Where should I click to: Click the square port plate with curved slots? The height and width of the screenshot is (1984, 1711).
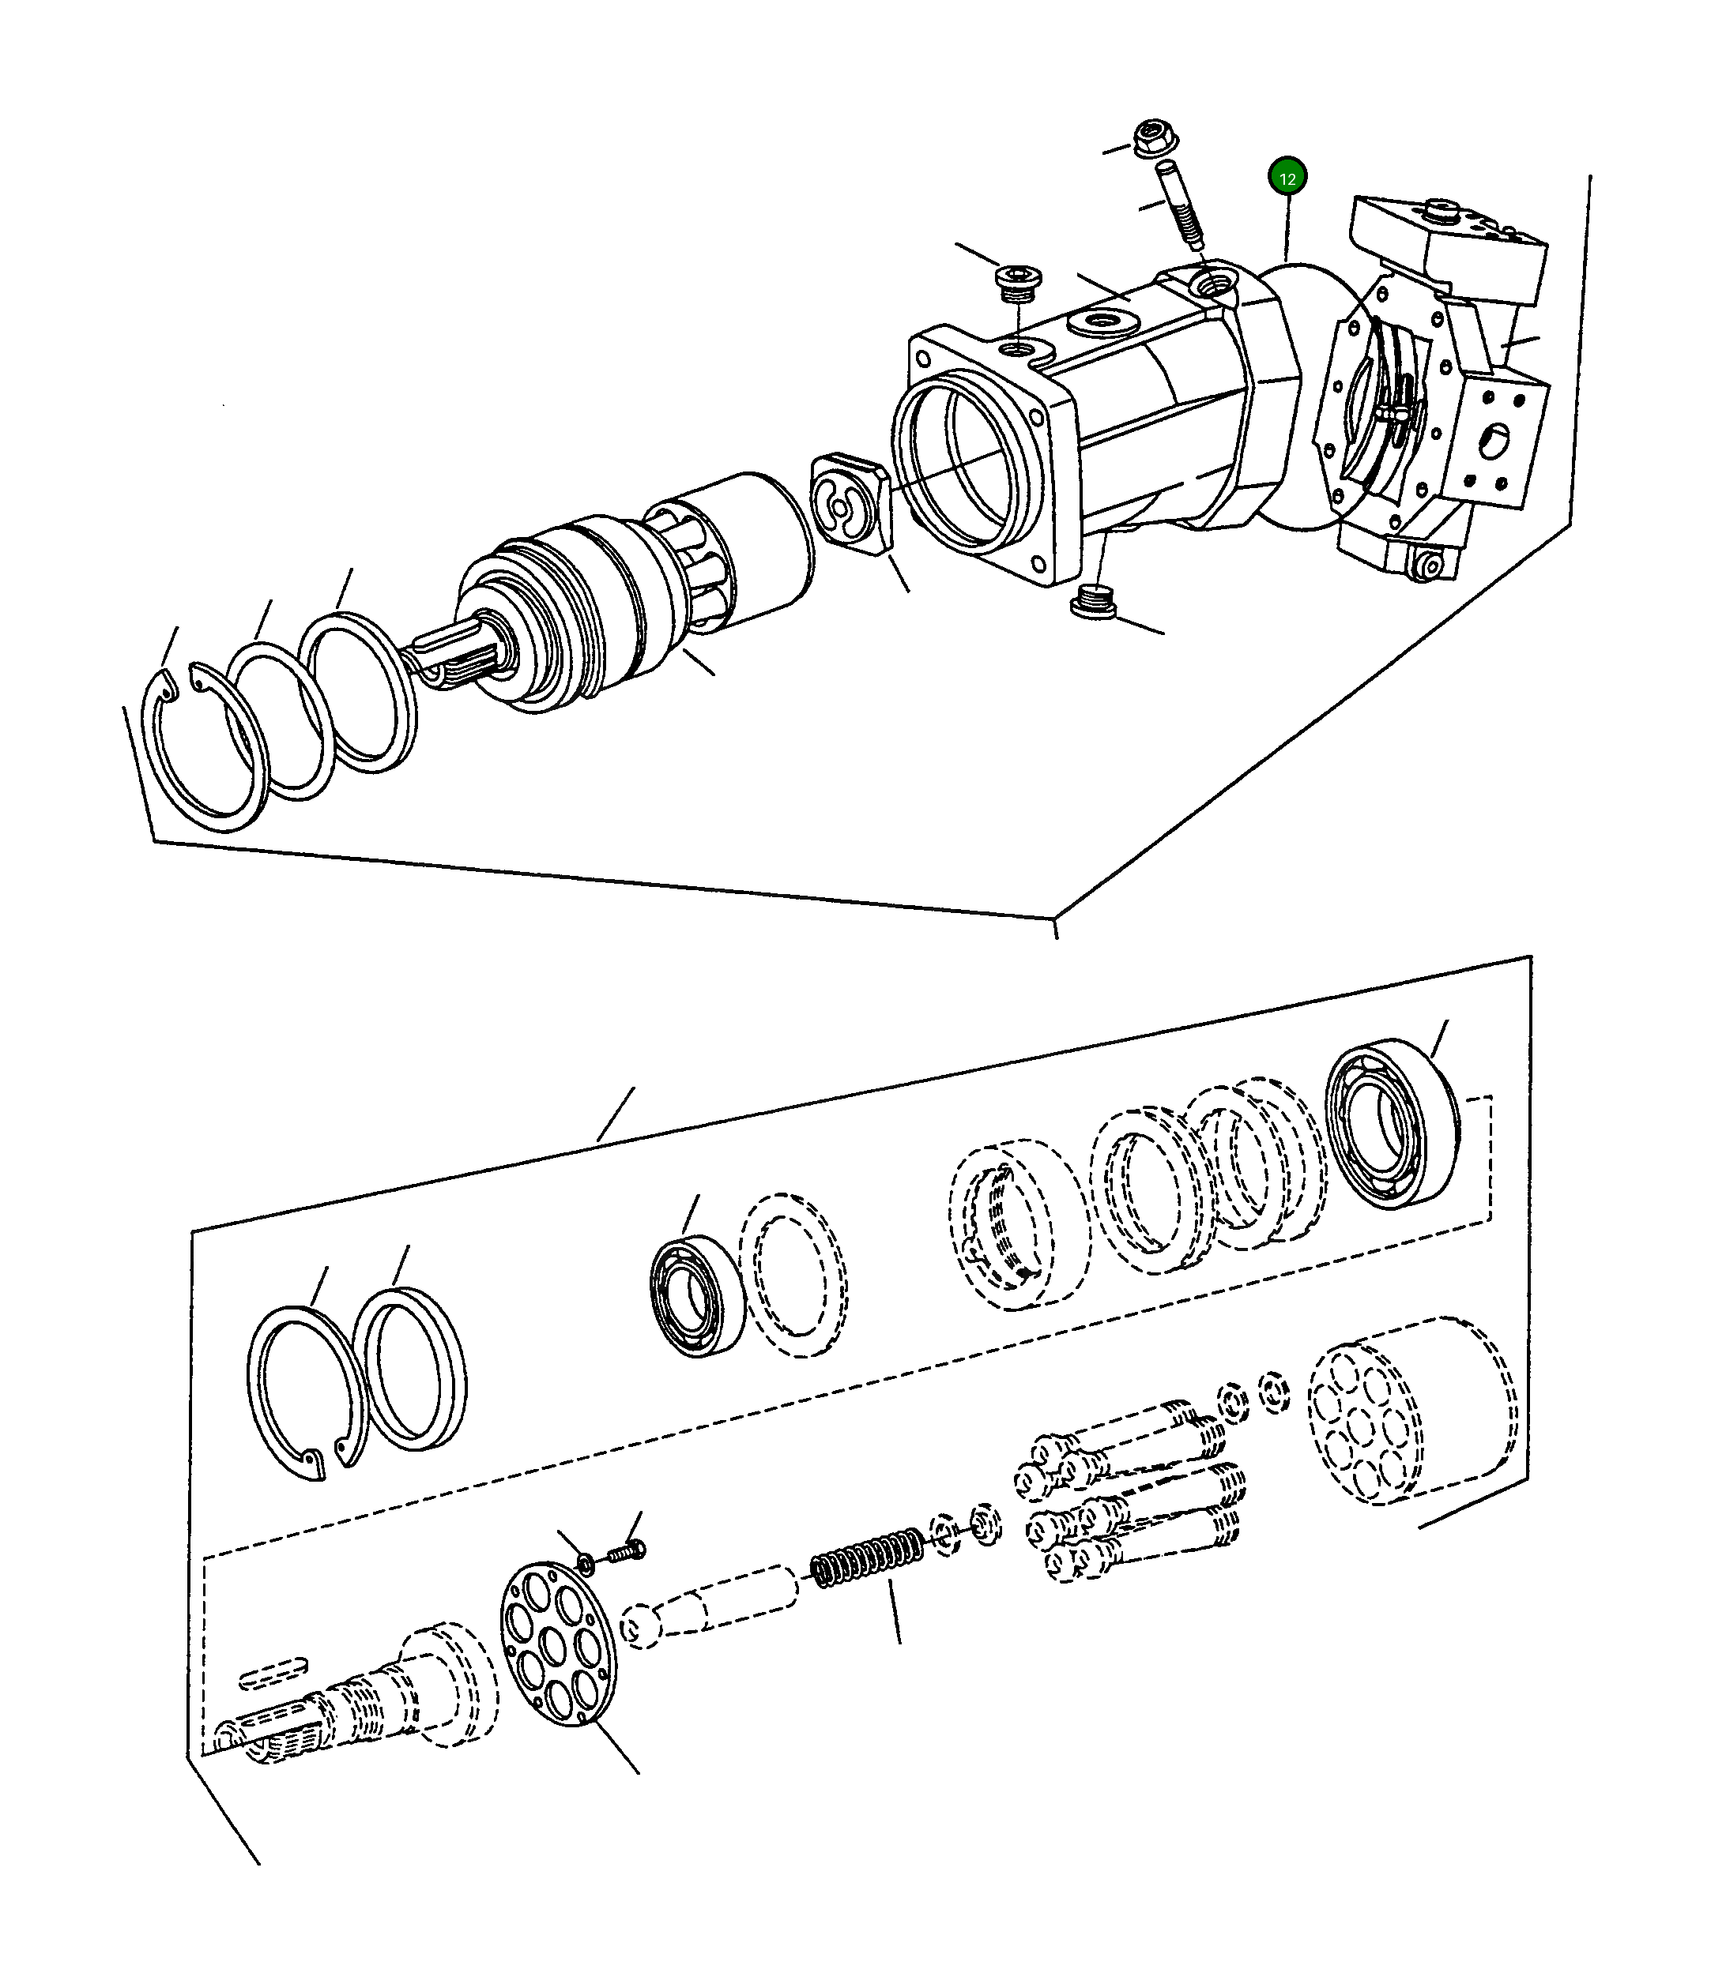853,502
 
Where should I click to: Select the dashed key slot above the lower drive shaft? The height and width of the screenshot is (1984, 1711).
274,1674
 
